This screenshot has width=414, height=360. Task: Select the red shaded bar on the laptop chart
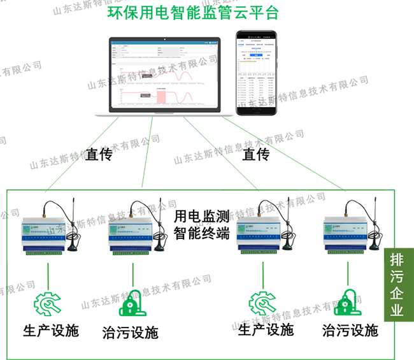click(x=161, y=96)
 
